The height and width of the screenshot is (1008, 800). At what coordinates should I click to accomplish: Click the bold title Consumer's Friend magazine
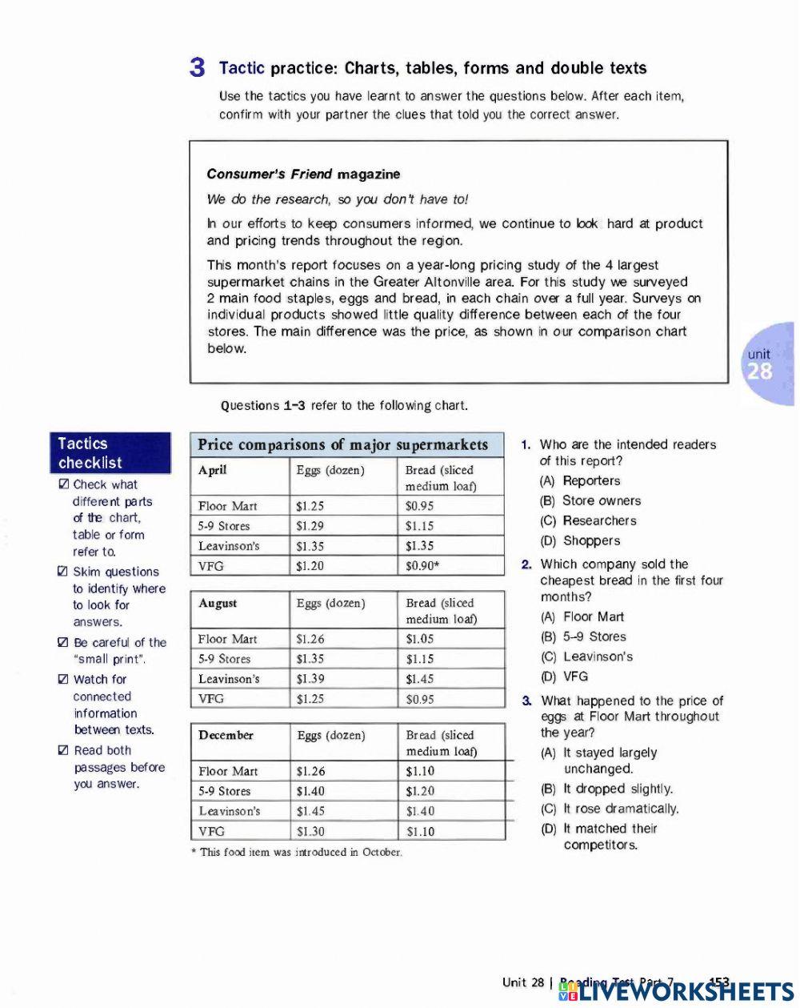[303, 174]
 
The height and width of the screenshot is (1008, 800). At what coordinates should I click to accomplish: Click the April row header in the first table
[213, 470]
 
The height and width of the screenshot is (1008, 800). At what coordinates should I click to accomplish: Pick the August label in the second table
[218, 603]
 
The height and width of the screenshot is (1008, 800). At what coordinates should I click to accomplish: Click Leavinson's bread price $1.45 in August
[420, 679]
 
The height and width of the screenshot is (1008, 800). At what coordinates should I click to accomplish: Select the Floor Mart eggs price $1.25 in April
[310, 506]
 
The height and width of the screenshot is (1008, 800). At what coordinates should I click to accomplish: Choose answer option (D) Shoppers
[581, 540]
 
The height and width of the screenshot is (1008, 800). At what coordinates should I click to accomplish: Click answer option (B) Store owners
[591, 500]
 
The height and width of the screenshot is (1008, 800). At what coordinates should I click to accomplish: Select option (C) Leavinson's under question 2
[587, 657]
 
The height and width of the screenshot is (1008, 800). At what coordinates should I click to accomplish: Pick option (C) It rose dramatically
[610, 809]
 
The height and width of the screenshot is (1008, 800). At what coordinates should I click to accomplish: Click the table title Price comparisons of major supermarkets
[342, 444]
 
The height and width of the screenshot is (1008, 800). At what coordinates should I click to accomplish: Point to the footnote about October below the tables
[296, 852]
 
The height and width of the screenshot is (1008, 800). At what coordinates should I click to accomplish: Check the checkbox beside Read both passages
[64, 751]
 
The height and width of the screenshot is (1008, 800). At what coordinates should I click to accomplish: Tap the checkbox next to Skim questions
[63, 572]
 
